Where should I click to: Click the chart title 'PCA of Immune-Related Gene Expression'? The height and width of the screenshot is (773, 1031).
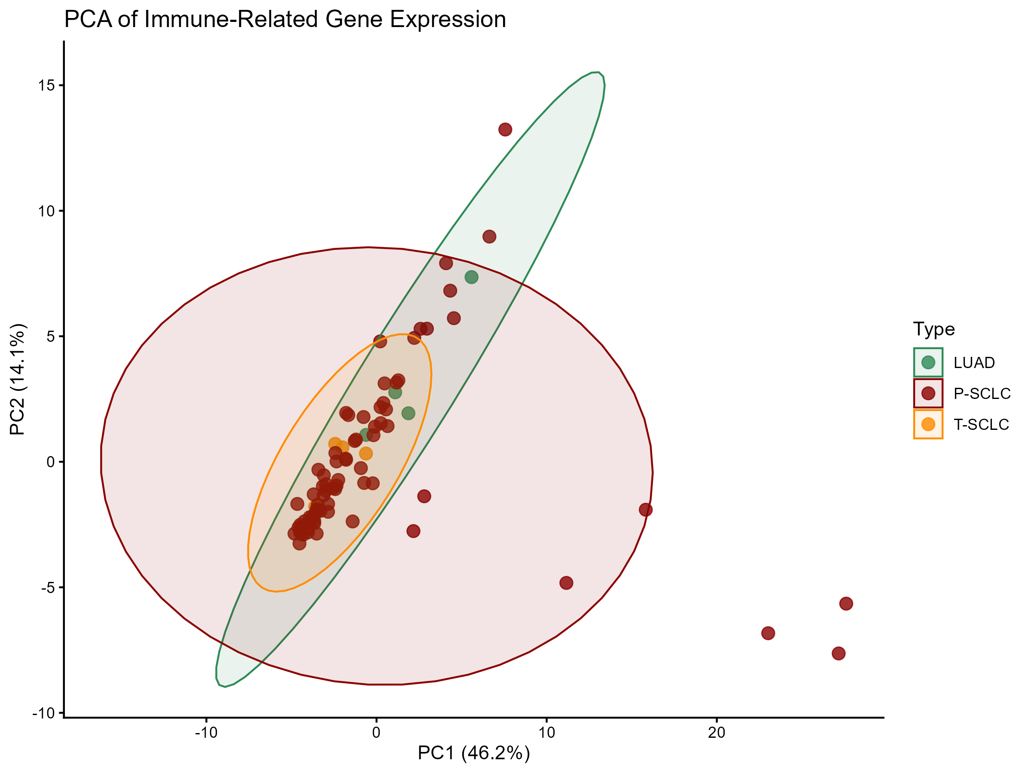point(285,20)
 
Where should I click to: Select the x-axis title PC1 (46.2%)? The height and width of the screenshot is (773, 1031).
point(473,752)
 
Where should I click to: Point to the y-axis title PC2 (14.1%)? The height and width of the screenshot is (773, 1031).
point(18,379)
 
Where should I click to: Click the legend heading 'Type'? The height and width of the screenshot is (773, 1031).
point(933,329)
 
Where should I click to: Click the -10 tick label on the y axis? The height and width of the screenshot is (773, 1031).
point(43,713)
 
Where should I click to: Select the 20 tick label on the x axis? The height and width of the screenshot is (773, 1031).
point(717,733)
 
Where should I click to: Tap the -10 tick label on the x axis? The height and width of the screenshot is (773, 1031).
point(206,733)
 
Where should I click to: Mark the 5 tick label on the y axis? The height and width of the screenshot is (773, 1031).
point(51,336)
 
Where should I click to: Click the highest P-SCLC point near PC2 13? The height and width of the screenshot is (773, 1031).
point(505,130)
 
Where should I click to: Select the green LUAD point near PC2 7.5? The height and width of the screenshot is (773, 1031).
point(471,277)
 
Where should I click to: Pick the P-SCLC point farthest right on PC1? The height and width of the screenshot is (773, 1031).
point(846,604)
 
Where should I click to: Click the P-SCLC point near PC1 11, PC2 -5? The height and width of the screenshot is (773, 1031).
point(566,583)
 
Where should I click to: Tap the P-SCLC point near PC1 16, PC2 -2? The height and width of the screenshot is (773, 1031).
point(646,510)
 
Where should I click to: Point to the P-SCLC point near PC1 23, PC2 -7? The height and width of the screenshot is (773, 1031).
point(768,633)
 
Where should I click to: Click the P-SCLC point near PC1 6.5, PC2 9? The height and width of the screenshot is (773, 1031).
point(489,237)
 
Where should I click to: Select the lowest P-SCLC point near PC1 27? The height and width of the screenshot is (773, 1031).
point(839,654)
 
